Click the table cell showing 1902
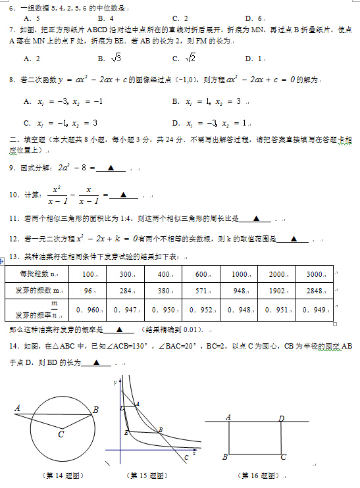pos(277,290)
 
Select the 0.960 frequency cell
pos(88,310)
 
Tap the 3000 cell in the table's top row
pos(315,274)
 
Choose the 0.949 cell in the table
pos(315,310)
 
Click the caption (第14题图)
pos(56,474)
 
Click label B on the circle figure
pos(96,410)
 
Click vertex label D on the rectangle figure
pos(281,418)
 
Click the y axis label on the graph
pos(114,382)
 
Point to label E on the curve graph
pos(126,432)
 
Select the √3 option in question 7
pos(113,59)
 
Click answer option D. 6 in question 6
pos(253,18)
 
